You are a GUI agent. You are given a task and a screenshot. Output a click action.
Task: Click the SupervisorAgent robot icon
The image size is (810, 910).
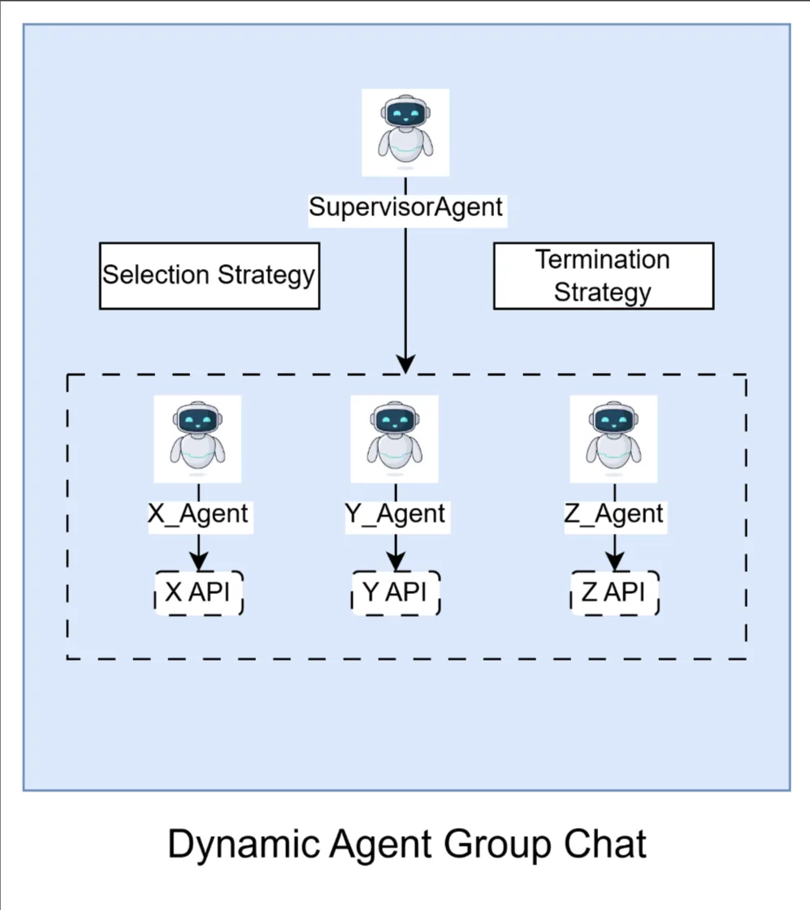pos(405,132)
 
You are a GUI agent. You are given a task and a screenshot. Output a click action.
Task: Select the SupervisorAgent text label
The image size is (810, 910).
pos(405,206)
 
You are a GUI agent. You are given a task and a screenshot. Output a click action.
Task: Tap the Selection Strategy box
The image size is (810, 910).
pos(209,275)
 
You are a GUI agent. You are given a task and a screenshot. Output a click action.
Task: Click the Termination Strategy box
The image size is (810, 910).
pos(603,275)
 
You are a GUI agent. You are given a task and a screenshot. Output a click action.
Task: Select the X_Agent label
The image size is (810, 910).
pos(198,514)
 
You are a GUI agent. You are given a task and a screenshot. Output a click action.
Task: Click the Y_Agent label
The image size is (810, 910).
pos(395,514)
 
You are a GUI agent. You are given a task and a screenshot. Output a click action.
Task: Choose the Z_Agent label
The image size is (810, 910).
pos(614,514)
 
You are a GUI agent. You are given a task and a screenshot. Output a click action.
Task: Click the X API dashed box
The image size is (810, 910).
pos(199,592)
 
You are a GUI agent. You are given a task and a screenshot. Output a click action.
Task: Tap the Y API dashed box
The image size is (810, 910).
pos(396,592)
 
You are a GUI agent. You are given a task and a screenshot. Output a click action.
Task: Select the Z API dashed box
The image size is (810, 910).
pos(614,592)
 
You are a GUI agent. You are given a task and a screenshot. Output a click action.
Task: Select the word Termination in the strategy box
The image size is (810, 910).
pos(603,260)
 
